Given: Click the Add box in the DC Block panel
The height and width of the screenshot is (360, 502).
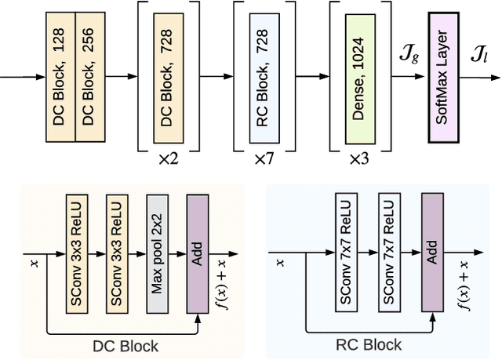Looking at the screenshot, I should pyautogui.click(x=197, y=253).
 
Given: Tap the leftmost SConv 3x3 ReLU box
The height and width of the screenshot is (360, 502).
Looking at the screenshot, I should pyautogui.click(x=77, y=253).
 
